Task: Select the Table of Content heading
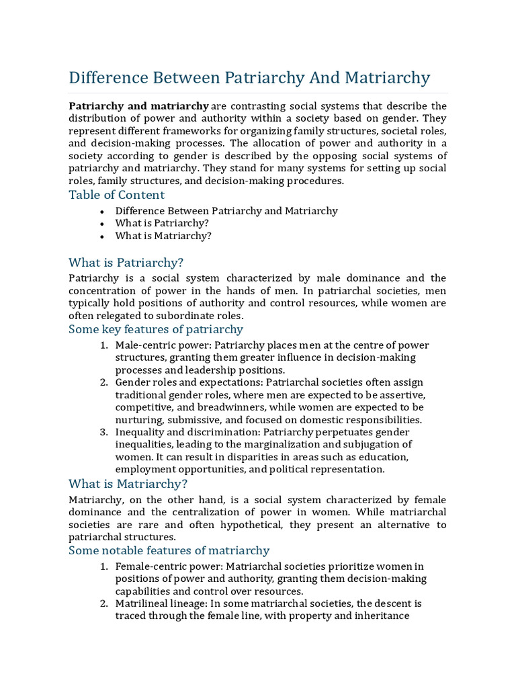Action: pyautogui.click(x=116, y=195)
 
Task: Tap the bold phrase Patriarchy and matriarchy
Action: pyautogui.click(x=139, y=106)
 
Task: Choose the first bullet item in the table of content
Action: pyautogui.click(x=226, y=211)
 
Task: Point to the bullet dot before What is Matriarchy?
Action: pyautogui.click(x=101, y=236)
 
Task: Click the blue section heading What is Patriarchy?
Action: pyautogui.click(x=126, y=262)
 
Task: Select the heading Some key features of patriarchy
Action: pyautogui.click(x=156, y=329)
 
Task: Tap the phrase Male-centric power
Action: pyautogui.click(x=156, y=345)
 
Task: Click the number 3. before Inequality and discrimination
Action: pyautogui.click(x=105, y=432)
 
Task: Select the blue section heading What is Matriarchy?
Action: pyautogui.click(x=128, y=484)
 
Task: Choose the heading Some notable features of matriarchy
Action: pyautogui.click(x=169, y=551)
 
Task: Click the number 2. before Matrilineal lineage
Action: pyautogui.click(x=105, y=604)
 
